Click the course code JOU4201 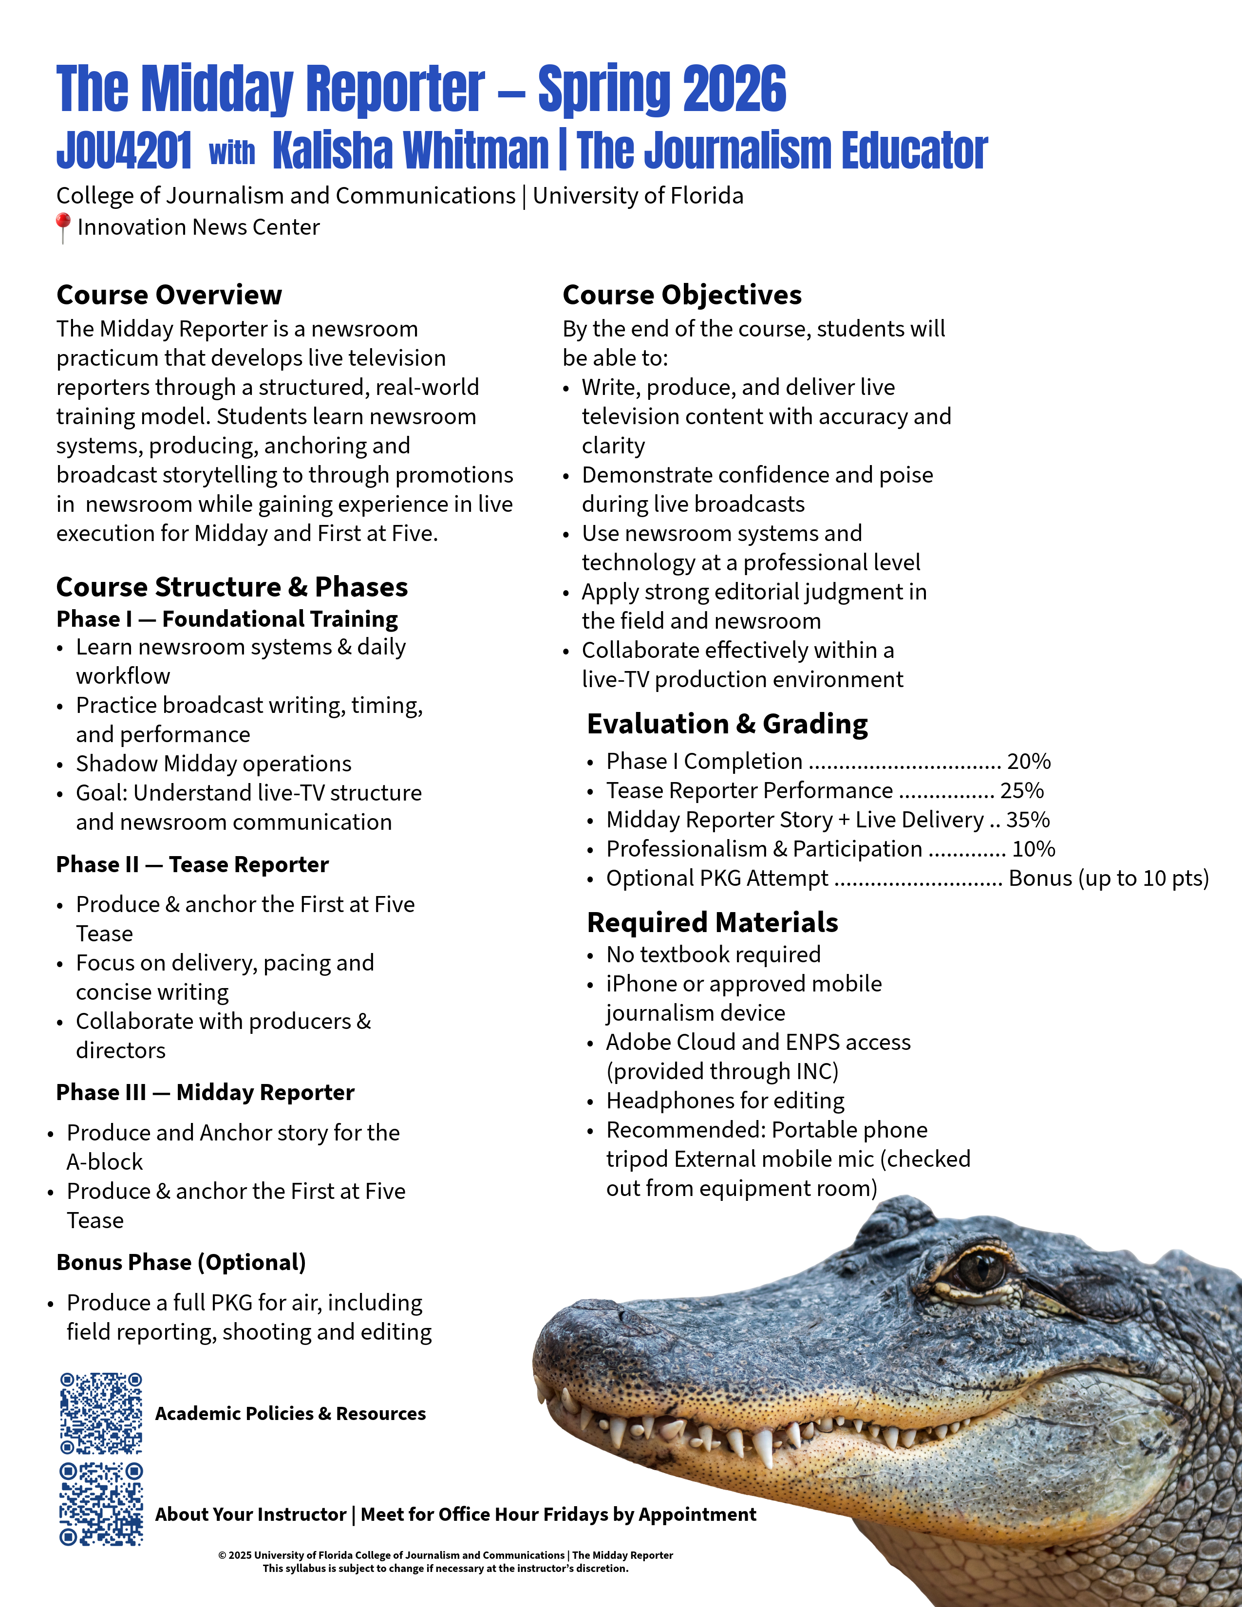pos(124,151)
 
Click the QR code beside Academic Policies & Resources pos(101,1413)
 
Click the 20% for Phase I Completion pos(1029,762)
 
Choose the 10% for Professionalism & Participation pos(1034,849)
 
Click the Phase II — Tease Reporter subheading pos(193,864)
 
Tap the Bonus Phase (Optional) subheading pos(181,1263)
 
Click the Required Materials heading pos(712,923)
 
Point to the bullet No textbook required pos(713,955)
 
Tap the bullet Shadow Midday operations pos(213,764)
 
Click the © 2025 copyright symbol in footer pos(222,1555)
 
